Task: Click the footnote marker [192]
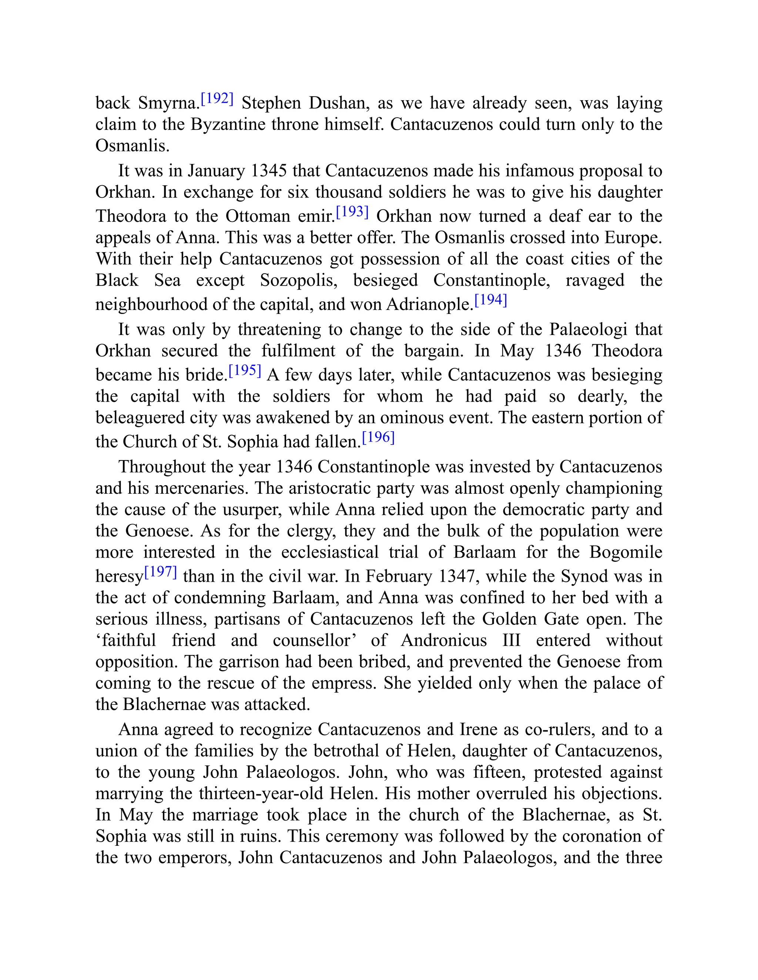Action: click(x=217, y=99)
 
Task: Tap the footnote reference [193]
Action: click(x=352, y=212)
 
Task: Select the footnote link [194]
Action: click(x=490, y=300)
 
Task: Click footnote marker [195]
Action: click(x=245, y=371)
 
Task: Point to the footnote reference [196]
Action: click(x=378, y=437)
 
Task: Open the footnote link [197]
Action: click(x=160, y=572)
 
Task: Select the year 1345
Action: click(x=269, y=171)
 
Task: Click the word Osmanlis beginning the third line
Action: click(x=133, y=145)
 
